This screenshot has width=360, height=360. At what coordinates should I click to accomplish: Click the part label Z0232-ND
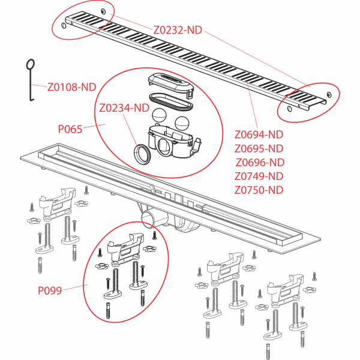pyautogui.click(x=178, y=29)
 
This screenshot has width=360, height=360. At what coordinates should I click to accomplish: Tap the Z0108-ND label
pyautogui.click(x=71, y=87)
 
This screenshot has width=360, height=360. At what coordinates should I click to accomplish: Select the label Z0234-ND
pyautogui.click(x=124, y=108)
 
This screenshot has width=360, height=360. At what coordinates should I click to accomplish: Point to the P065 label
pyautogui.click(x=70, y=128)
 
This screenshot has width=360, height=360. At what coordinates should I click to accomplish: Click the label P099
pyautogui.click(x=50, y=290)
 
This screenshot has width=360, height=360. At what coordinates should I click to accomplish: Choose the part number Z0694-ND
pyautogui.click(x=259, y=134)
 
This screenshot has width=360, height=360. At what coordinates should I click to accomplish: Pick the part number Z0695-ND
pyautogui.click(x=259, y=148)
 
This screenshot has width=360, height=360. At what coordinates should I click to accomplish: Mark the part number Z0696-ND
pyautogui.click(x=259, y=162)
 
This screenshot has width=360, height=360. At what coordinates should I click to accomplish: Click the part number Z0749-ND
pyautogui.click(x=259, y=176)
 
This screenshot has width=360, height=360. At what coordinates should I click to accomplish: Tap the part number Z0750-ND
pyautogui.click(x=259, y=190)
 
